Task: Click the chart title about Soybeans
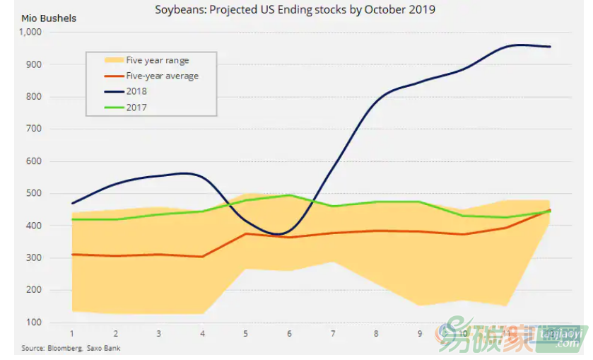[x=295, y=10]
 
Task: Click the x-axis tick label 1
[x=72, y=333]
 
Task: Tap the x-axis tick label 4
[x=202, y=333]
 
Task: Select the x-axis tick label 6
[x=289, y=333]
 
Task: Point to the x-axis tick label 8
[x=376, y=333]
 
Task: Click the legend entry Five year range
[x=158, y=61]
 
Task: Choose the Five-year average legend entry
[x=162, y=76]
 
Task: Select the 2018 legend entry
[x=136, y=92]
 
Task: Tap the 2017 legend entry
[x=136, y=108]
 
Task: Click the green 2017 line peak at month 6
[x=289, y=195]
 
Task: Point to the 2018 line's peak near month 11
[x=519, y=45]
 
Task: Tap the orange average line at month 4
[x=202, y=256]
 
